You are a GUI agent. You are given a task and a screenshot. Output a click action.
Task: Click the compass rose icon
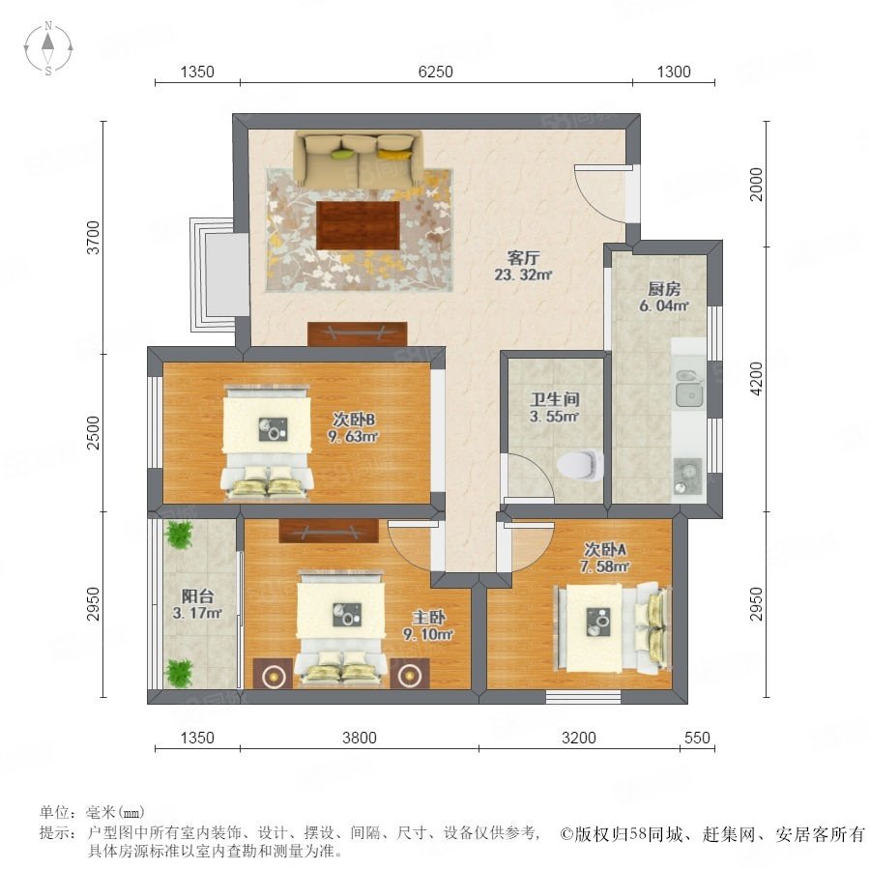[x=48, y=48]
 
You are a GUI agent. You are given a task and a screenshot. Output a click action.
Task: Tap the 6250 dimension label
[x=436, y=72]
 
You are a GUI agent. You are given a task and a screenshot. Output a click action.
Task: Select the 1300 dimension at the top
[x=674, y=72]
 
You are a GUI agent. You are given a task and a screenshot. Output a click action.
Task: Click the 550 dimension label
[x=697, y=738]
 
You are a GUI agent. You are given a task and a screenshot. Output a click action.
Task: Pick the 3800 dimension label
[x=360, y=738]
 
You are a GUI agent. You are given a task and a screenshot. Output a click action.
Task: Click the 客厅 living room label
[x=523, y=257]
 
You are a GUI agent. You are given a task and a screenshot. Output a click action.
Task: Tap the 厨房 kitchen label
[x=664, y=288]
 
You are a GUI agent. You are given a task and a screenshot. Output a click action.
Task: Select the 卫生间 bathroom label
[x=555, y=399]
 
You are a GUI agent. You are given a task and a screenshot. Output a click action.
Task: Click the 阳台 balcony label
[x=197, y=596]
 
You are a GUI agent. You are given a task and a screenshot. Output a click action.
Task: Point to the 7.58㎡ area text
[x=605, y=566]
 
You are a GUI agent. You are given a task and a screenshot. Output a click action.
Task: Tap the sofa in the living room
[x=359, y=159]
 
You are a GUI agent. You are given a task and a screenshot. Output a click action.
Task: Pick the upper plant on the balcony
[x=179, y=535]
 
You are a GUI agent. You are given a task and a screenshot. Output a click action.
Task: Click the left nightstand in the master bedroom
[x=273, y=674]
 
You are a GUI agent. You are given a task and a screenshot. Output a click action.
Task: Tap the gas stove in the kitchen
[x=688, y=476]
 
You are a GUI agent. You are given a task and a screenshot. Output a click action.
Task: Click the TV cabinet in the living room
[x=358, y=333]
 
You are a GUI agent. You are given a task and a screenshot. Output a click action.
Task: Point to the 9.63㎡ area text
[x=353, y=437]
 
